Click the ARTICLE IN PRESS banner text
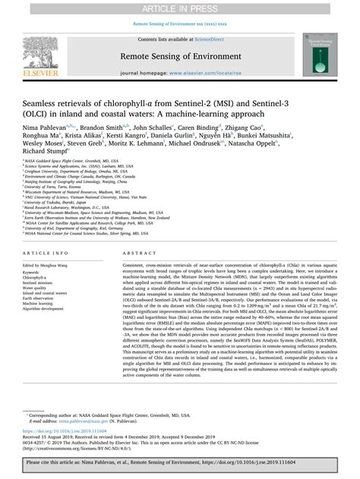point(180,8)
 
